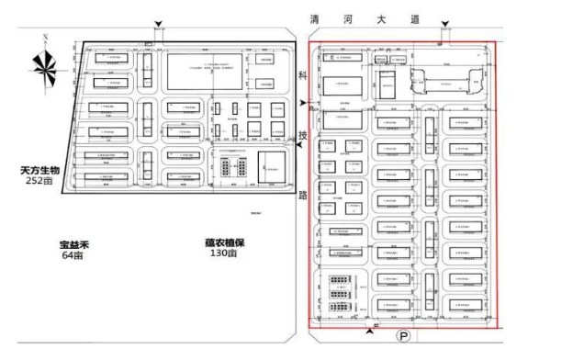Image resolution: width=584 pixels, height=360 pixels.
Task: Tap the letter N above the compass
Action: (44, 37)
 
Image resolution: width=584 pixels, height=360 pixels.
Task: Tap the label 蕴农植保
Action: (223, 243)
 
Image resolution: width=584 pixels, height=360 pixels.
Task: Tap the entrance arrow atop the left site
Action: (158, 25)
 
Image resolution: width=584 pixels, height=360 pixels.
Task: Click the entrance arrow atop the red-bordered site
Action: (446, 27)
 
